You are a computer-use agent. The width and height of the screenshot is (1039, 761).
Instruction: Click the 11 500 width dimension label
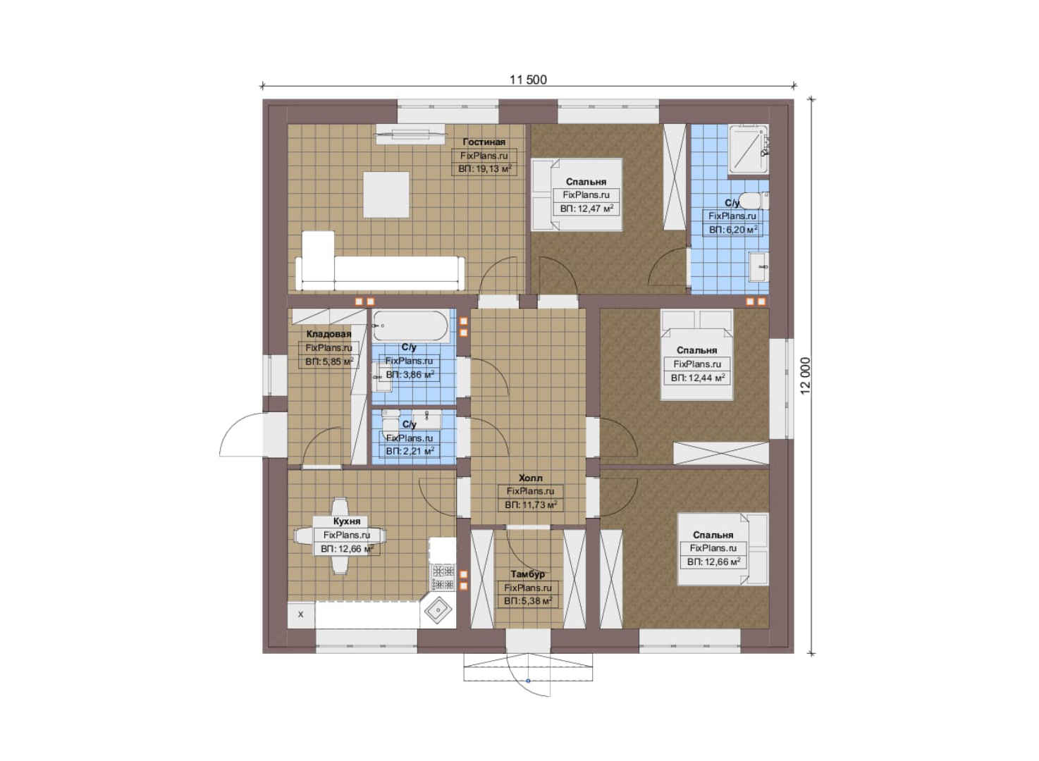(529, 80)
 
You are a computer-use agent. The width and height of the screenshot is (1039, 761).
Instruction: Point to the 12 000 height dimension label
(805, 376)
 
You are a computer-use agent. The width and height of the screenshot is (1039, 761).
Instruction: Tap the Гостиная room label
(484, 142)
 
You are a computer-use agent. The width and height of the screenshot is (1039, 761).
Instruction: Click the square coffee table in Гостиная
(386, 194)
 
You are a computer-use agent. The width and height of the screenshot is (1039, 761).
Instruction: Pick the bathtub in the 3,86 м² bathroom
(410, 326)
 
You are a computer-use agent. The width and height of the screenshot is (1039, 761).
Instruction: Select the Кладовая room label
(329, 334)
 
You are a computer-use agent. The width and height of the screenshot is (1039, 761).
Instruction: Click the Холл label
(531, 478)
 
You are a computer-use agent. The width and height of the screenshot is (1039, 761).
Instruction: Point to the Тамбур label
(528, 574)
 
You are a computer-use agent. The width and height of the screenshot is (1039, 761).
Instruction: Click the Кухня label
(347, 521)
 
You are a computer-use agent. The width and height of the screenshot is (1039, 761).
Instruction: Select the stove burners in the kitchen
(443, 577)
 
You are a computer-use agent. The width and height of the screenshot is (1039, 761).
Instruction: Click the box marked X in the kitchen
(300, 614)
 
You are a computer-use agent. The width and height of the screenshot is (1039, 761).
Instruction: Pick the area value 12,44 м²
(698, 378)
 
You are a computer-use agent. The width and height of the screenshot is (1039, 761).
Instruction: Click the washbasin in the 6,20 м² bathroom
(759, 266)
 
